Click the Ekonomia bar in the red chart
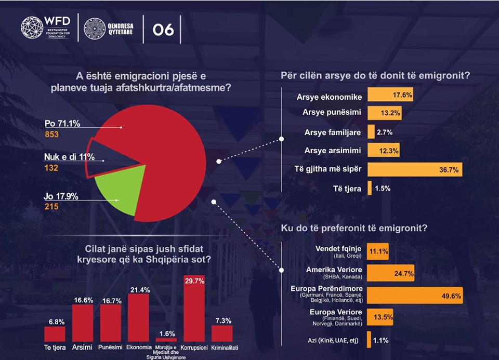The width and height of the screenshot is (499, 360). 138,317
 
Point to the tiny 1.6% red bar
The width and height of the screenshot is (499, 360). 166,339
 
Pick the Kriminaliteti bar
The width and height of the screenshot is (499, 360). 222,333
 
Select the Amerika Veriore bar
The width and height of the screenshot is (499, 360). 390,272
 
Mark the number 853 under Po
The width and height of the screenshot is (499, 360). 51,135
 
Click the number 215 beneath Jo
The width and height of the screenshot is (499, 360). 51,207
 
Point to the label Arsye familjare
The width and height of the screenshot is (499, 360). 333,132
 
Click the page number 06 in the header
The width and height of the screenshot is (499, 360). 163,30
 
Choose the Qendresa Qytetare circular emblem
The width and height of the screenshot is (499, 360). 95,30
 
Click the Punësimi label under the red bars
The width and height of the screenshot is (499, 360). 110,347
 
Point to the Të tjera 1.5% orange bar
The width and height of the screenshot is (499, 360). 370,188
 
